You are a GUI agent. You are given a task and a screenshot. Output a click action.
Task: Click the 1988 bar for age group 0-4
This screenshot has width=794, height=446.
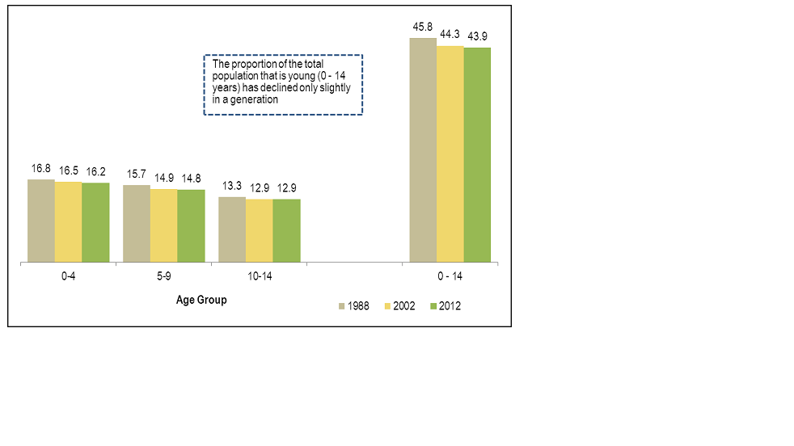[40, 221]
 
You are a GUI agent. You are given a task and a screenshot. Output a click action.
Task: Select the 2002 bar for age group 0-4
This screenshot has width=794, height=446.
[68, 222]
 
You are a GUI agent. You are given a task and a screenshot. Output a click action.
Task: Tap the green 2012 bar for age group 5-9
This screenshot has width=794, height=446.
[191, 226]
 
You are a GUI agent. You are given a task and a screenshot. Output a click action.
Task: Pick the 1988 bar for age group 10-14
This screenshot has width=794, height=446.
[232, 229]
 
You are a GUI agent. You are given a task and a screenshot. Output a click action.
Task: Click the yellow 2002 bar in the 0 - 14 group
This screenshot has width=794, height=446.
[450, 154]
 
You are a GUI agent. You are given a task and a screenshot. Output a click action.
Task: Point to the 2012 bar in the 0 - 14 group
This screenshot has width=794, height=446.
[477, 155]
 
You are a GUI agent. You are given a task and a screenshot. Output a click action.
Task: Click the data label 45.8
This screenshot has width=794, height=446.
[423, 27]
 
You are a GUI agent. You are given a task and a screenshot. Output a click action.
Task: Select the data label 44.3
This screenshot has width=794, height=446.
[450, 34]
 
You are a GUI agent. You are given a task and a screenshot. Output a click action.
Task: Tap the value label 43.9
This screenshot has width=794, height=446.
[478, 36]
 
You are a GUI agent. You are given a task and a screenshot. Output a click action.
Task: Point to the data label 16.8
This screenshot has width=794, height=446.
[41, 169]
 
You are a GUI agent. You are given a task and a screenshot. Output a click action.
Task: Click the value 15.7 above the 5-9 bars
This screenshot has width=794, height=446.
[137, 175]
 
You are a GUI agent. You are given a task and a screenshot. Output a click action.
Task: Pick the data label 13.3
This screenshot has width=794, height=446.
[232, 187]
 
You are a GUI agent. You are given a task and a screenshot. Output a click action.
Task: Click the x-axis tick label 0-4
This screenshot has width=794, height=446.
[68, 276]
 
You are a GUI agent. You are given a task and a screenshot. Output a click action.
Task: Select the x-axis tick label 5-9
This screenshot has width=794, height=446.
[163, 276]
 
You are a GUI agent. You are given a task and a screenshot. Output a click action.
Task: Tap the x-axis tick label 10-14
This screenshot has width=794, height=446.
[259, 276]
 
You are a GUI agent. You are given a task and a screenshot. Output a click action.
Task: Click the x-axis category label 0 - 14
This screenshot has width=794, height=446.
[450, 276]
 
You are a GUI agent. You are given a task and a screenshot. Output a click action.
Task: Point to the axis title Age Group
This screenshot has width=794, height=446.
[201, 300]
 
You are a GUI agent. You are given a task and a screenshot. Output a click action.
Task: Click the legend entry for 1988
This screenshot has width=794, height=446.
[353, 306]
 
